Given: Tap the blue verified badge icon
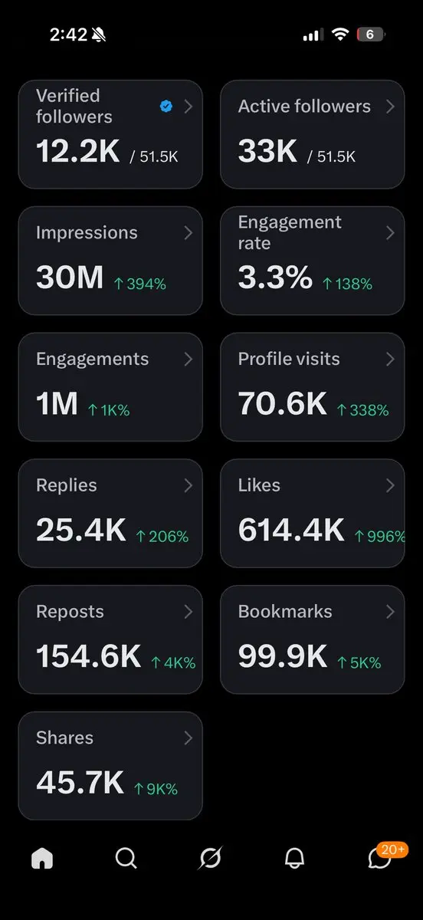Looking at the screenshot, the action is [166, 106].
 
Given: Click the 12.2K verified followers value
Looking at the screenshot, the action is [78, 151].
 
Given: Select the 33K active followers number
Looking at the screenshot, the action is [267, 151].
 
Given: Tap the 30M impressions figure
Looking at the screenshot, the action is [70, 278].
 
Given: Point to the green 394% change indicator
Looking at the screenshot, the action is [140, 284].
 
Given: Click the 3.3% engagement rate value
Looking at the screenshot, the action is [275, 278].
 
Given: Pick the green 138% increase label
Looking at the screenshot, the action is [347, 284].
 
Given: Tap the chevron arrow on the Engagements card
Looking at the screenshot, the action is [189, 359].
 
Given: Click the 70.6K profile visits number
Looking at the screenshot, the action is [283, 403].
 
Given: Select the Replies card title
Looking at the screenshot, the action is [67, 485].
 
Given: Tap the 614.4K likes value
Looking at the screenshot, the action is [291, 530].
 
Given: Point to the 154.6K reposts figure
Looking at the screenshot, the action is [89, 656].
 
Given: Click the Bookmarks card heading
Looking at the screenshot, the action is [285, 612].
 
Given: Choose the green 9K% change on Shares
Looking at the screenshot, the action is [156, 789].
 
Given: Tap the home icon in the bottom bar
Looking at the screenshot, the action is [42, 858].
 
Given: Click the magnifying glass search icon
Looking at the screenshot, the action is [126, 858].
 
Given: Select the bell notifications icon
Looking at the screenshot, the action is [294, 858].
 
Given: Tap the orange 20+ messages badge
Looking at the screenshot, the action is [392, 849].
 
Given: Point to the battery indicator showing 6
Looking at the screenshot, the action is [370, 34].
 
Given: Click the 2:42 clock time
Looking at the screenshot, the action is [68, 34].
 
